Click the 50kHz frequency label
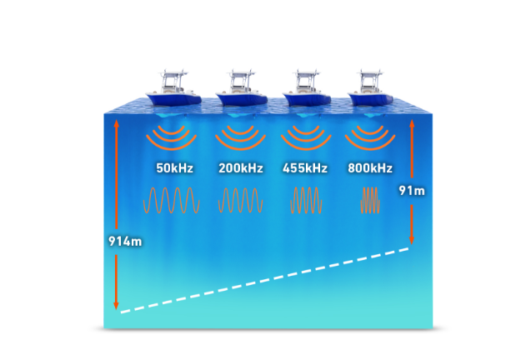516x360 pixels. point(174,168)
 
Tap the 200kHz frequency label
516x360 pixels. point(241,168)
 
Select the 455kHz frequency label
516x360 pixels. point(305,168)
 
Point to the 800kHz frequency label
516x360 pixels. point(370,168)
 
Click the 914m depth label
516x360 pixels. point(125,242)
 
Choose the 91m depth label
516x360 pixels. point(412,191)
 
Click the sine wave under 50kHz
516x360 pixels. point(172,200)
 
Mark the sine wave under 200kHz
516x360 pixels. point(241,200)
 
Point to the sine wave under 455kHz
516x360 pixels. point(306,200)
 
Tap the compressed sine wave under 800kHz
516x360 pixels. point(371,200)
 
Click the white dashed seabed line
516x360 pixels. point(265,281)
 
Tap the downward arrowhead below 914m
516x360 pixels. point(116,306)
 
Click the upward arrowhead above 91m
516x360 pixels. point(412,123)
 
